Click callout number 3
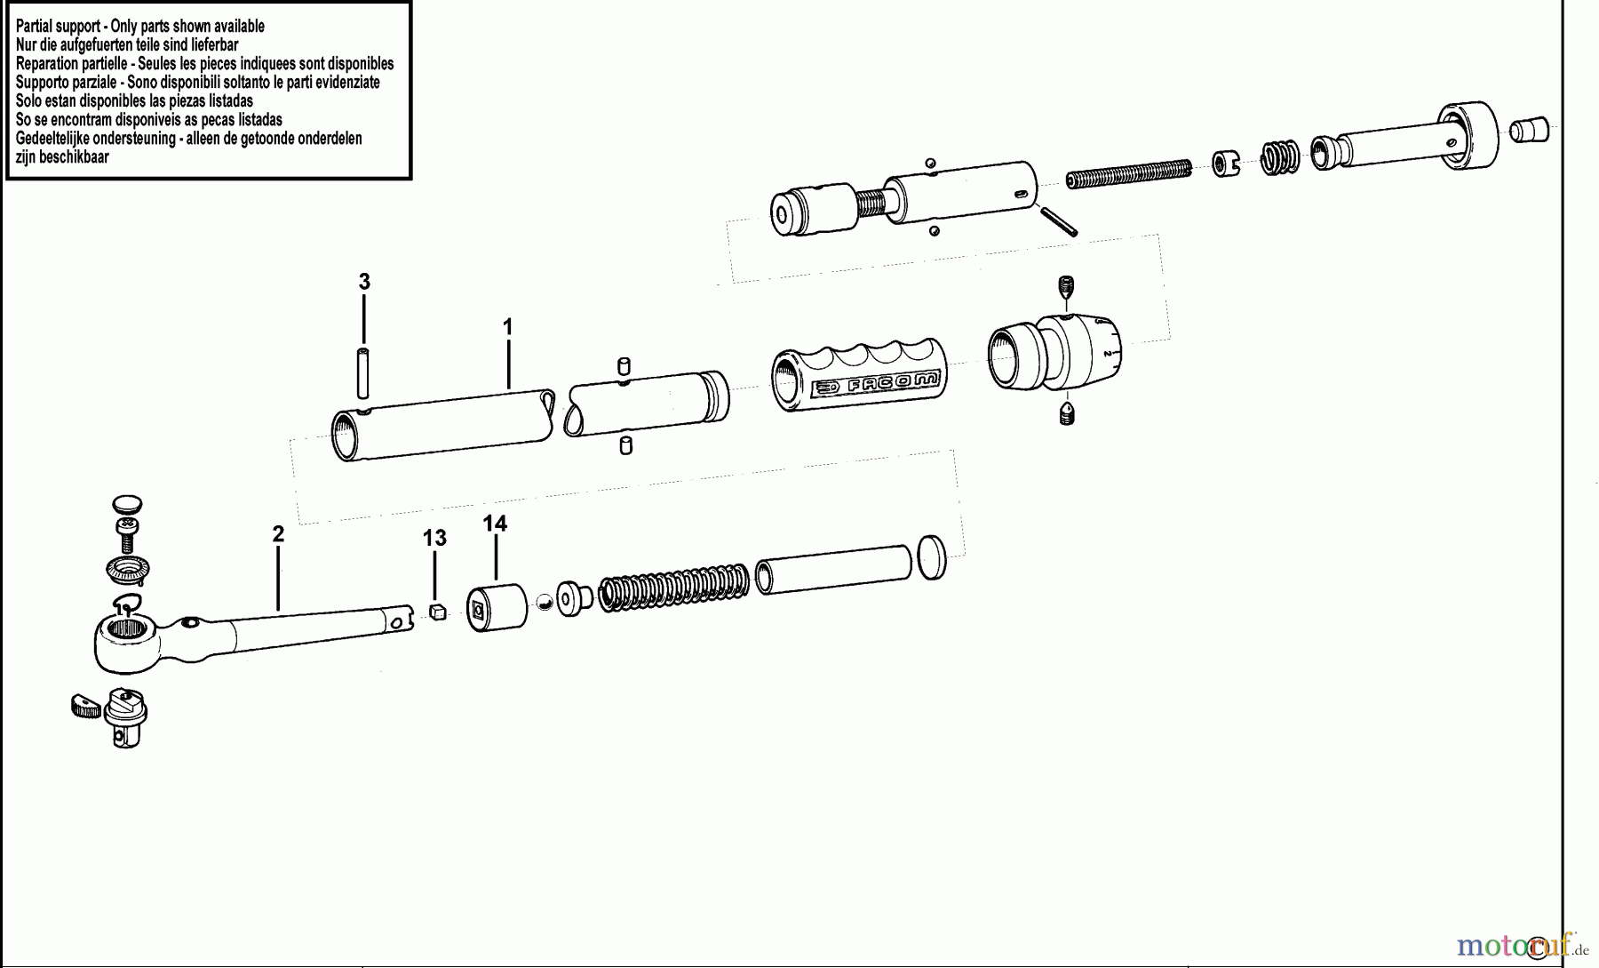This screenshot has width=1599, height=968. pos(364,282)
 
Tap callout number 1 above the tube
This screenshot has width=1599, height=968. pos(507,327)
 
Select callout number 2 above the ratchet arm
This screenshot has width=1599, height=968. pos(278,534)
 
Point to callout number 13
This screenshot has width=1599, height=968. pos(434,538)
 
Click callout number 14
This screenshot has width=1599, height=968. pos(495,524)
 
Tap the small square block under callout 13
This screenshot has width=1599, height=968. pos(436,612)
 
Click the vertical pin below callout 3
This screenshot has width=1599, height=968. pos(363,374)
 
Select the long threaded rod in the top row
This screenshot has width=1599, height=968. pos(1128,173)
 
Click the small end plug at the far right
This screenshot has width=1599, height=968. pos(1530,130)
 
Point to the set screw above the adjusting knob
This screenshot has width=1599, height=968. pos(1066,287)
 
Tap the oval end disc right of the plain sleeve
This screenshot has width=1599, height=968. pos(932,558)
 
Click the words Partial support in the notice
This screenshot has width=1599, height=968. pos(58,26)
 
